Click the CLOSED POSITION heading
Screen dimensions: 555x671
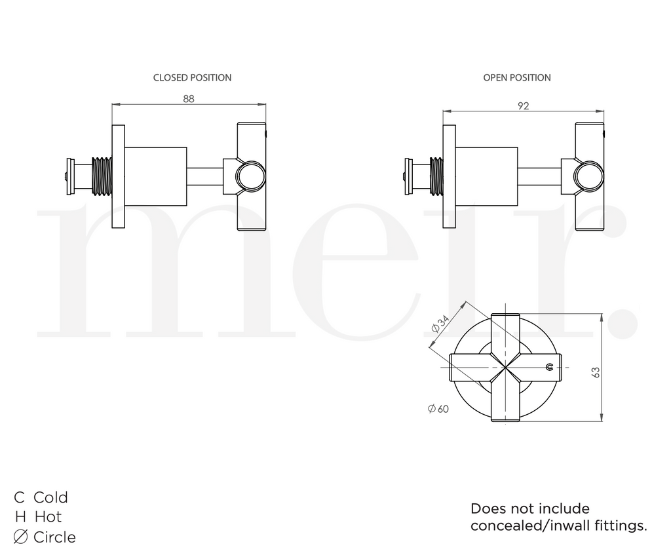click(x=192, y=77)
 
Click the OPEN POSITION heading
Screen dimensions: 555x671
click(x=516, y=77)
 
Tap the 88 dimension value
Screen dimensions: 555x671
click(x=189, y=98)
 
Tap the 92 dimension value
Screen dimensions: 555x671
click(x=522, y=105)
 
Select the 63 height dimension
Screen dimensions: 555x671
click(x=595, y=372)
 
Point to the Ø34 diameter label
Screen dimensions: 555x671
click(x=440, y=324)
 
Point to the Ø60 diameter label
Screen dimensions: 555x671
click(x=438, y=409)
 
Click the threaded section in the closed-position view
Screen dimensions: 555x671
click(x=102, y=176)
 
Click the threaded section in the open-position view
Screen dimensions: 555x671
click(x=436, y=176)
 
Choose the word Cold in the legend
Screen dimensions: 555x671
click(x=50, y=497)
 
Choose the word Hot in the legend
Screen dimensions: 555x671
click(x=48, y=517)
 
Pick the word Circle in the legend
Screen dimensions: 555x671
click(x=54, y=537)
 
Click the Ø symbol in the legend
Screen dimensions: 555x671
click(x=20, y=537)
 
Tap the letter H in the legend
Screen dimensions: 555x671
click(x=20, y=517)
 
